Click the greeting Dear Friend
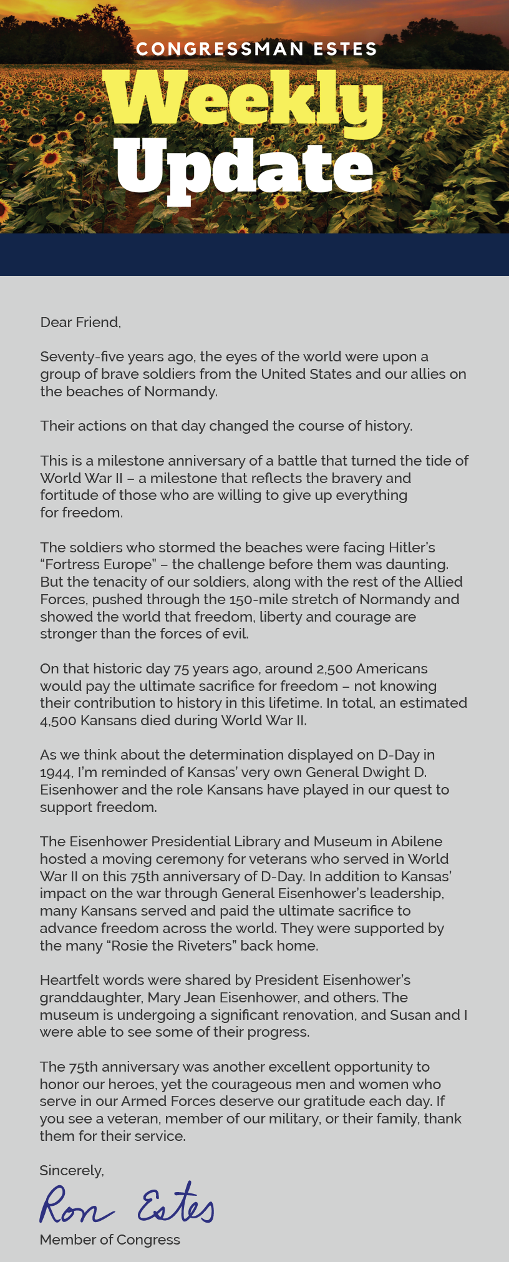(x=80, y=322)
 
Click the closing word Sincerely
(x=71, y=1170)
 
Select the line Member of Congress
(x=110, y=1240)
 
